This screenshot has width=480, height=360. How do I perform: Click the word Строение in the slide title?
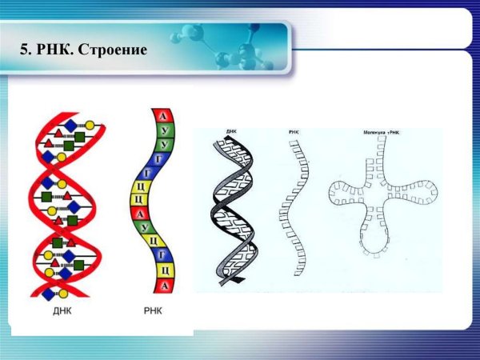point(116,50)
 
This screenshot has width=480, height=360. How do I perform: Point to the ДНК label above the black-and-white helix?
point(231,130)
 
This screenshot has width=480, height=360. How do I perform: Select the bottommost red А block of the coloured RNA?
point(163,284)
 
